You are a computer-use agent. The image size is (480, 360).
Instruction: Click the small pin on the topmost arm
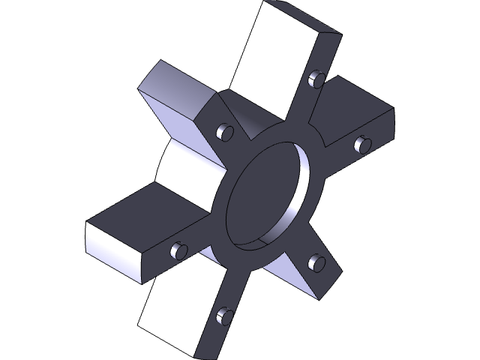click(x=316, y=77)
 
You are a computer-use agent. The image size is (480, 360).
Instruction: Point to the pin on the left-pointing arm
click(x=178, y=250)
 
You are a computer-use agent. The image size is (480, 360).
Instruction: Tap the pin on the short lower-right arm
click(x=316, y=262)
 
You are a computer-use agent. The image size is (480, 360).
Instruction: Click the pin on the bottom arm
click(x=222, y=316)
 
